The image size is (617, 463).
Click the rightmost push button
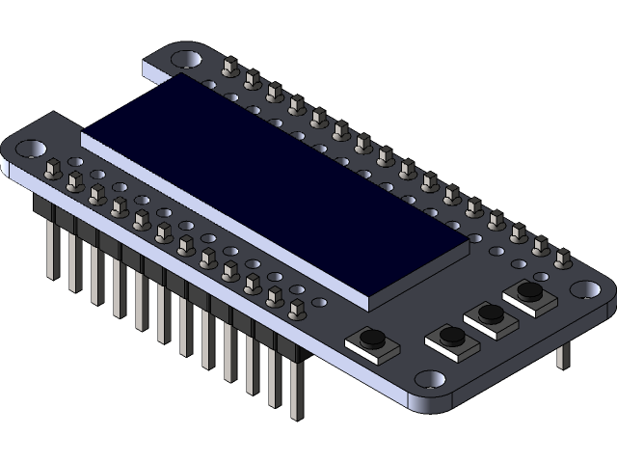click(529, 290)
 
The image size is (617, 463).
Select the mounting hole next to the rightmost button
click(586, 288)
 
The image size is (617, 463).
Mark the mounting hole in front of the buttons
click(431, 379)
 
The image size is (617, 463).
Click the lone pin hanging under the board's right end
click(563, 354)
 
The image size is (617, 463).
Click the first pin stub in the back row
click(229, 68)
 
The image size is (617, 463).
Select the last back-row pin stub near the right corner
click(562, 258)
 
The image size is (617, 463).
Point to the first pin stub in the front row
click(54, 166)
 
